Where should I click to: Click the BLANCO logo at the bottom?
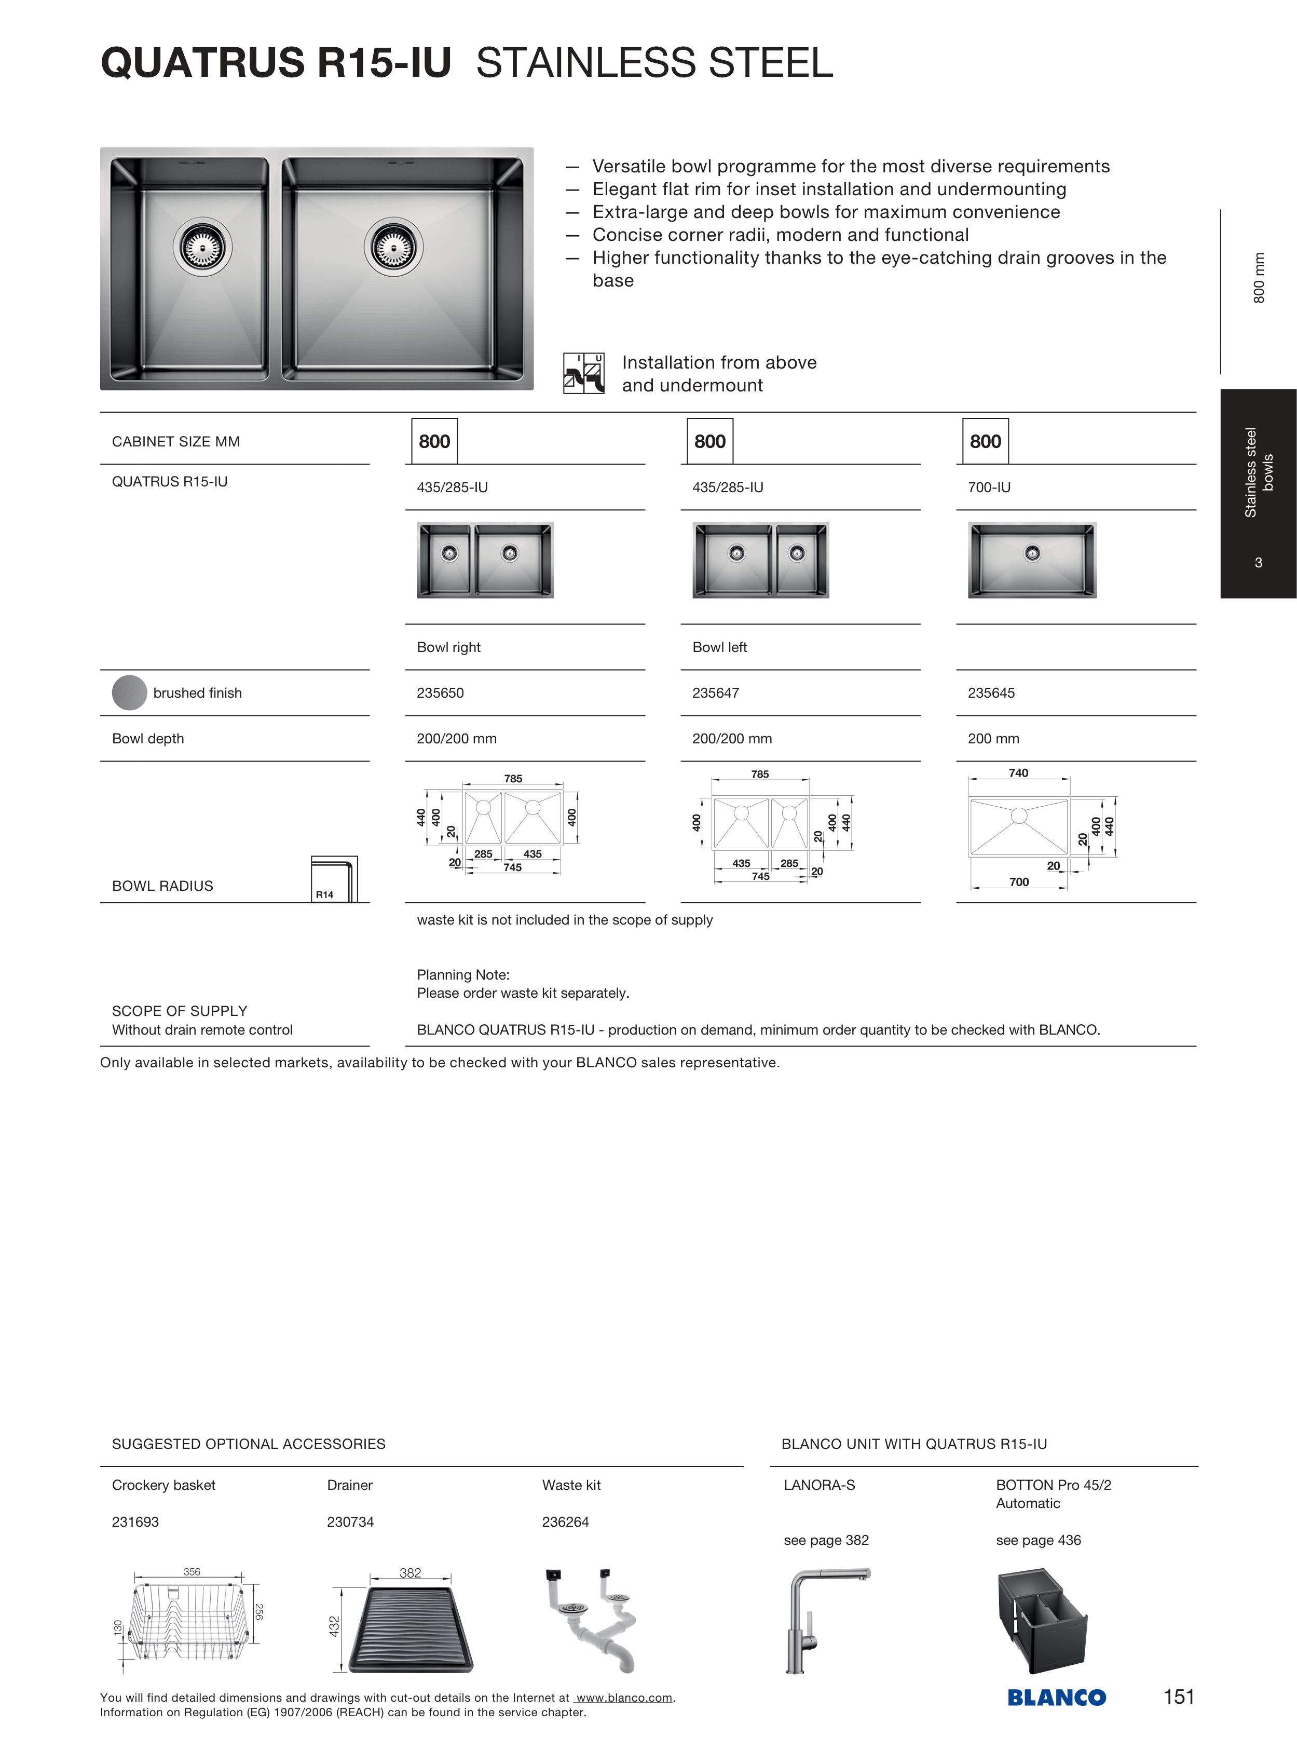point(1056,1698)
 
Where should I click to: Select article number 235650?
point(441,693)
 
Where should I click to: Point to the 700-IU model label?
point(989,487)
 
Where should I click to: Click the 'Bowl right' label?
point(448,647)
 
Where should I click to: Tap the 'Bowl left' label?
point(719,647)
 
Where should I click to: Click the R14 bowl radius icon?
point(334,879)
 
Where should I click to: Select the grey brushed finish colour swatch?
point(130,693)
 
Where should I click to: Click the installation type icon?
point(583,373)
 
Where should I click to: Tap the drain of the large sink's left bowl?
point(202,247)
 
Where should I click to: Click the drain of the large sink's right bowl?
point(393,247)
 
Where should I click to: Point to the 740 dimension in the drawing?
point(1018,772)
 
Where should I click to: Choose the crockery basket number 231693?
point(135,1522)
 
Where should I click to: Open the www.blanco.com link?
point(624,1698)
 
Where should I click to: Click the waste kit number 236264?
point(565,1522)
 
